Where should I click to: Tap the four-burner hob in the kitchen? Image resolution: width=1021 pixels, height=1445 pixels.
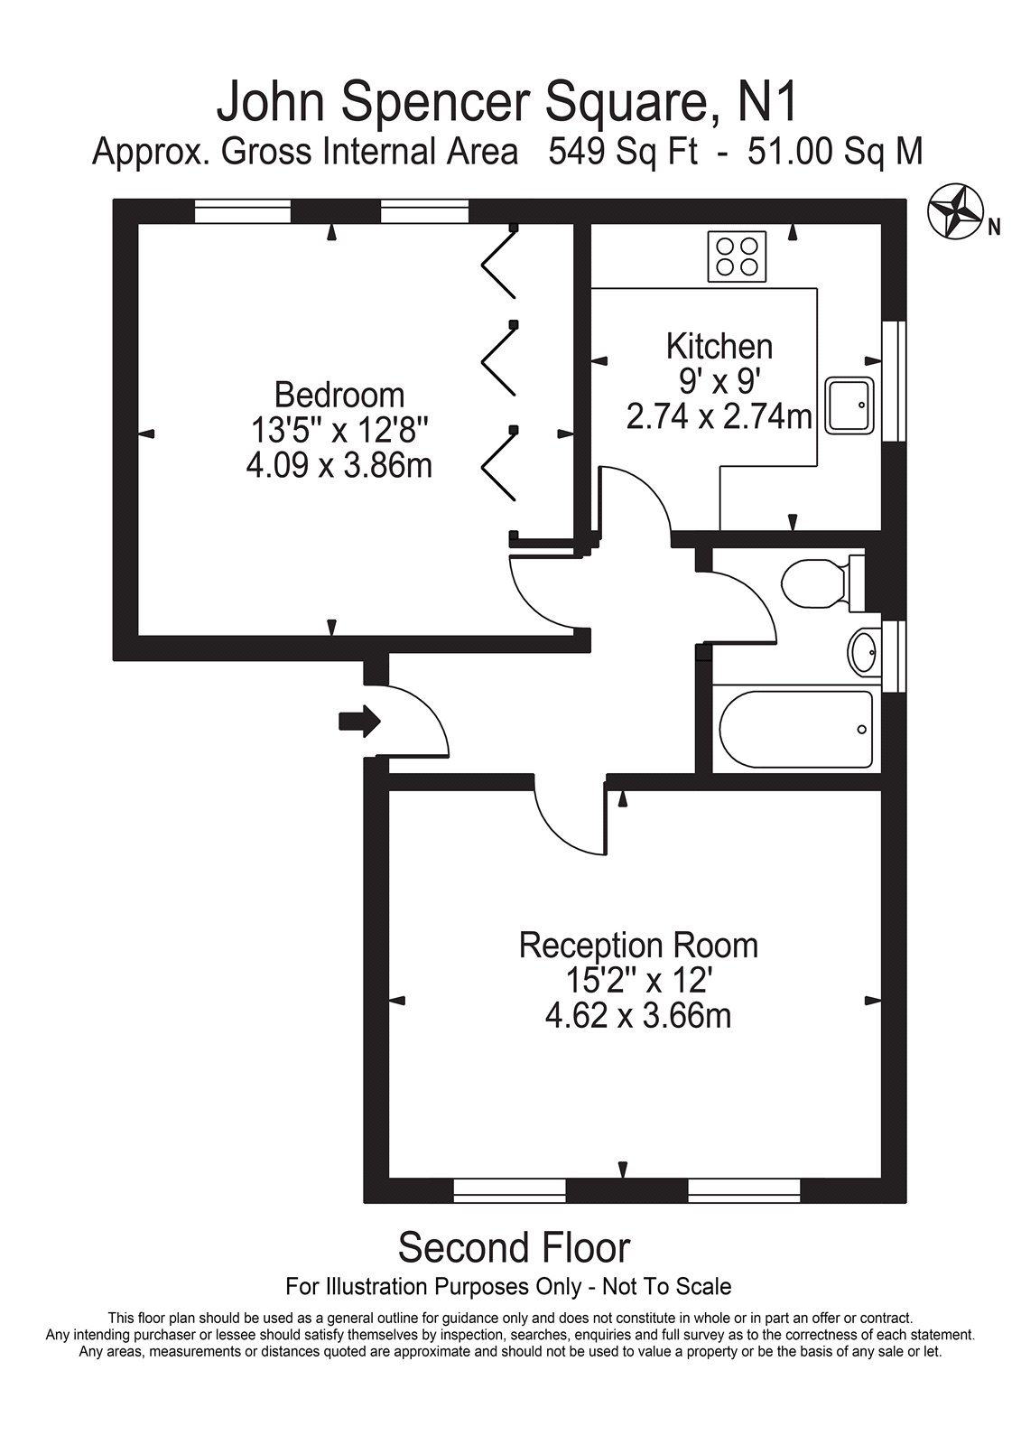(x=737, y=256)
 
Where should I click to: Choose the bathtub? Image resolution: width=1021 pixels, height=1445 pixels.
(x=795, y=730)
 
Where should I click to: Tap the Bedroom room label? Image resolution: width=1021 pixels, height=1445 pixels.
(x=339, y=395)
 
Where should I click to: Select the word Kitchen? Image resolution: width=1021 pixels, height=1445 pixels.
(x=719, y=346)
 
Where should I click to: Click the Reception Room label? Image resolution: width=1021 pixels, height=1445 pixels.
(x=638, y=946)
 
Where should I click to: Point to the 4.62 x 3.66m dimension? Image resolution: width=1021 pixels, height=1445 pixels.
(x=638, y=1017)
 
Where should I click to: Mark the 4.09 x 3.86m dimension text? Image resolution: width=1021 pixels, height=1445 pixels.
(x=339, y=466)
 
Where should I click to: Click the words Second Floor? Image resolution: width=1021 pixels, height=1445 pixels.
(x=514, y=1248)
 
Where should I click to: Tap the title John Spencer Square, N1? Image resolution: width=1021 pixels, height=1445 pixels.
(x=507, y=101)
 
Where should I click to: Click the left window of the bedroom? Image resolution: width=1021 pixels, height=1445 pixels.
(x=243, y=212)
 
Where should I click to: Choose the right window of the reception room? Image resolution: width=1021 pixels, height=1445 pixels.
(x=744, y=1191)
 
